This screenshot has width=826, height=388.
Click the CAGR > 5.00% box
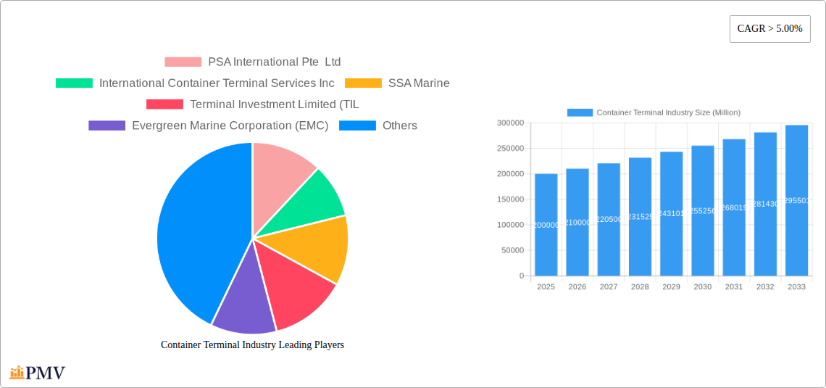[x=769, y=29]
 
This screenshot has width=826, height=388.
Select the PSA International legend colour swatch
[x=183, y=62]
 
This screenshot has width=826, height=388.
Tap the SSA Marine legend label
[x=419, y=83]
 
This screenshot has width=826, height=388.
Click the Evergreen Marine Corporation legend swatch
[x=107, y=125]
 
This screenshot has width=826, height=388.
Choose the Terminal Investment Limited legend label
[x=274, y=104]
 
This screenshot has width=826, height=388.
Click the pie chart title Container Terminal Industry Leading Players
[x=252, y=345]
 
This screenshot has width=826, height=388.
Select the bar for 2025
[x=546, y=225]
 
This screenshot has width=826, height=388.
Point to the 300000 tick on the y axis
[x=510, y=123]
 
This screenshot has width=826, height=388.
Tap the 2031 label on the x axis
[x=734, y=287]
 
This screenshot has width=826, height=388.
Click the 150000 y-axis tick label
[x=510, y=199]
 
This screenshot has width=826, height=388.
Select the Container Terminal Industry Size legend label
[x=668, y=112]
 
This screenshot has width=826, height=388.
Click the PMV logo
[x=38, y=373]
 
